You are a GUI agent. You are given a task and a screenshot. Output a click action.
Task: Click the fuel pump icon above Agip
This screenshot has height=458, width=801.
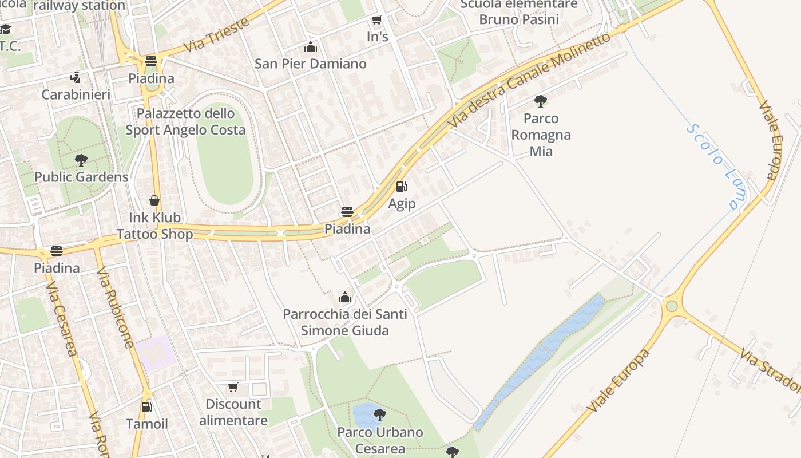click(402, 187)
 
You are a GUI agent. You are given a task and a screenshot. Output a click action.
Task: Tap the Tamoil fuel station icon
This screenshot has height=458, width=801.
click(147, 407)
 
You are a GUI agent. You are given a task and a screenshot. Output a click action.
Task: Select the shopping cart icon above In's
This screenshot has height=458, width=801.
click(376, 21)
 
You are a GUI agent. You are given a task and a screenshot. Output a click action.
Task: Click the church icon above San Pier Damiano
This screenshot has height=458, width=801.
click(311, 47)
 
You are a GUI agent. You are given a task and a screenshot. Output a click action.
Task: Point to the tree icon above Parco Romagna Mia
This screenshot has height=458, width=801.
click(540, 102)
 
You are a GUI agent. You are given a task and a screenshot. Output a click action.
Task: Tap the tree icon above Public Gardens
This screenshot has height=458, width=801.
click(81, 160)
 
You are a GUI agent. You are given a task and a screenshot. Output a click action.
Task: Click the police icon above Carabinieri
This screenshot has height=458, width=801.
click(75, 77)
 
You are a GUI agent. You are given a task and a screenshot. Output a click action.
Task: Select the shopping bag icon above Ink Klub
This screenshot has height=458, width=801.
click(154, 200)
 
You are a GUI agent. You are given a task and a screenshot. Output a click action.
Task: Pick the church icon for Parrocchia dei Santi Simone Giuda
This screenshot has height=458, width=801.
click(344, 297)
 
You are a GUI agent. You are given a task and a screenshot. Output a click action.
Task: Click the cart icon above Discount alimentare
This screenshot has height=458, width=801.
click(233, 388)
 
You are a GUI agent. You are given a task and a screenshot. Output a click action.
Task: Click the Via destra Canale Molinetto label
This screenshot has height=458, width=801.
click(529, 80)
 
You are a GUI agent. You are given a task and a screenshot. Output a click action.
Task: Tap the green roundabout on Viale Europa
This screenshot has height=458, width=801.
click(672, 306)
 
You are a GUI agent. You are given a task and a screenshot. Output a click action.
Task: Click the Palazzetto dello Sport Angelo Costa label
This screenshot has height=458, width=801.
click(185, 121)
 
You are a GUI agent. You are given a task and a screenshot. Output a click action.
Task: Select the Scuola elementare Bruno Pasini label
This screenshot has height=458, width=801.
click(519, 12)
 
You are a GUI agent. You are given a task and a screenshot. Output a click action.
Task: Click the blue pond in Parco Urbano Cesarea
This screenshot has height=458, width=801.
click(363, 413)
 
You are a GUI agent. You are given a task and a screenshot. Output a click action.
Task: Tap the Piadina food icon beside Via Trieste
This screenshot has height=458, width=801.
click(151, 61)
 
